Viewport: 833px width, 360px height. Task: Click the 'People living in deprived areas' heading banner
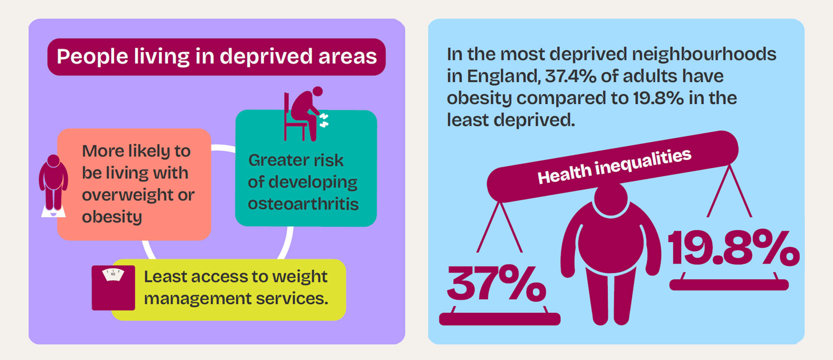(x=216, y=57)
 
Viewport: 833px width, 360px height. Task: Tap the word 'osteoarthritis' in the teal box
(x=303, y=204)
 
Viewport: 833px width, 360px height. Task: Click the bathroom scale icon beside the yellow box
(x=113, y=288)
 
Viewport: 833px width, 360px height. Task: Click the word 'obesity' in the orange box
(x=112, y=216)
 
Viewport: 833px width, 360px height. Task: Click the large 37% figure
(x=496, y=284)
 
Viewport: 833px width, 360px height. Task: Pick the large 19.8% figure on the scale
(x=733, y=248)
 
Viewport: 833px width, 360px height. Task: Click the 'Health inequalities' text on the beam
(x=614, y=166)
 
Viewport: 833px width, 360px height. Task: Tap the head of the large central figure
(x=610, y=199)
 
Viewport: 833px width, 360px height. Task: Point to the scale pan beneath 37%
(x=499, y=319)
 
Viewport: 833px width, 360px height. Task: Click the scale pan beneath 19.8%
(x=728, y=285)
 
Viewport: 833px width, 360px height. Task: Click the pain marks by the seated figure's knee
(x=324, y=120)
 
